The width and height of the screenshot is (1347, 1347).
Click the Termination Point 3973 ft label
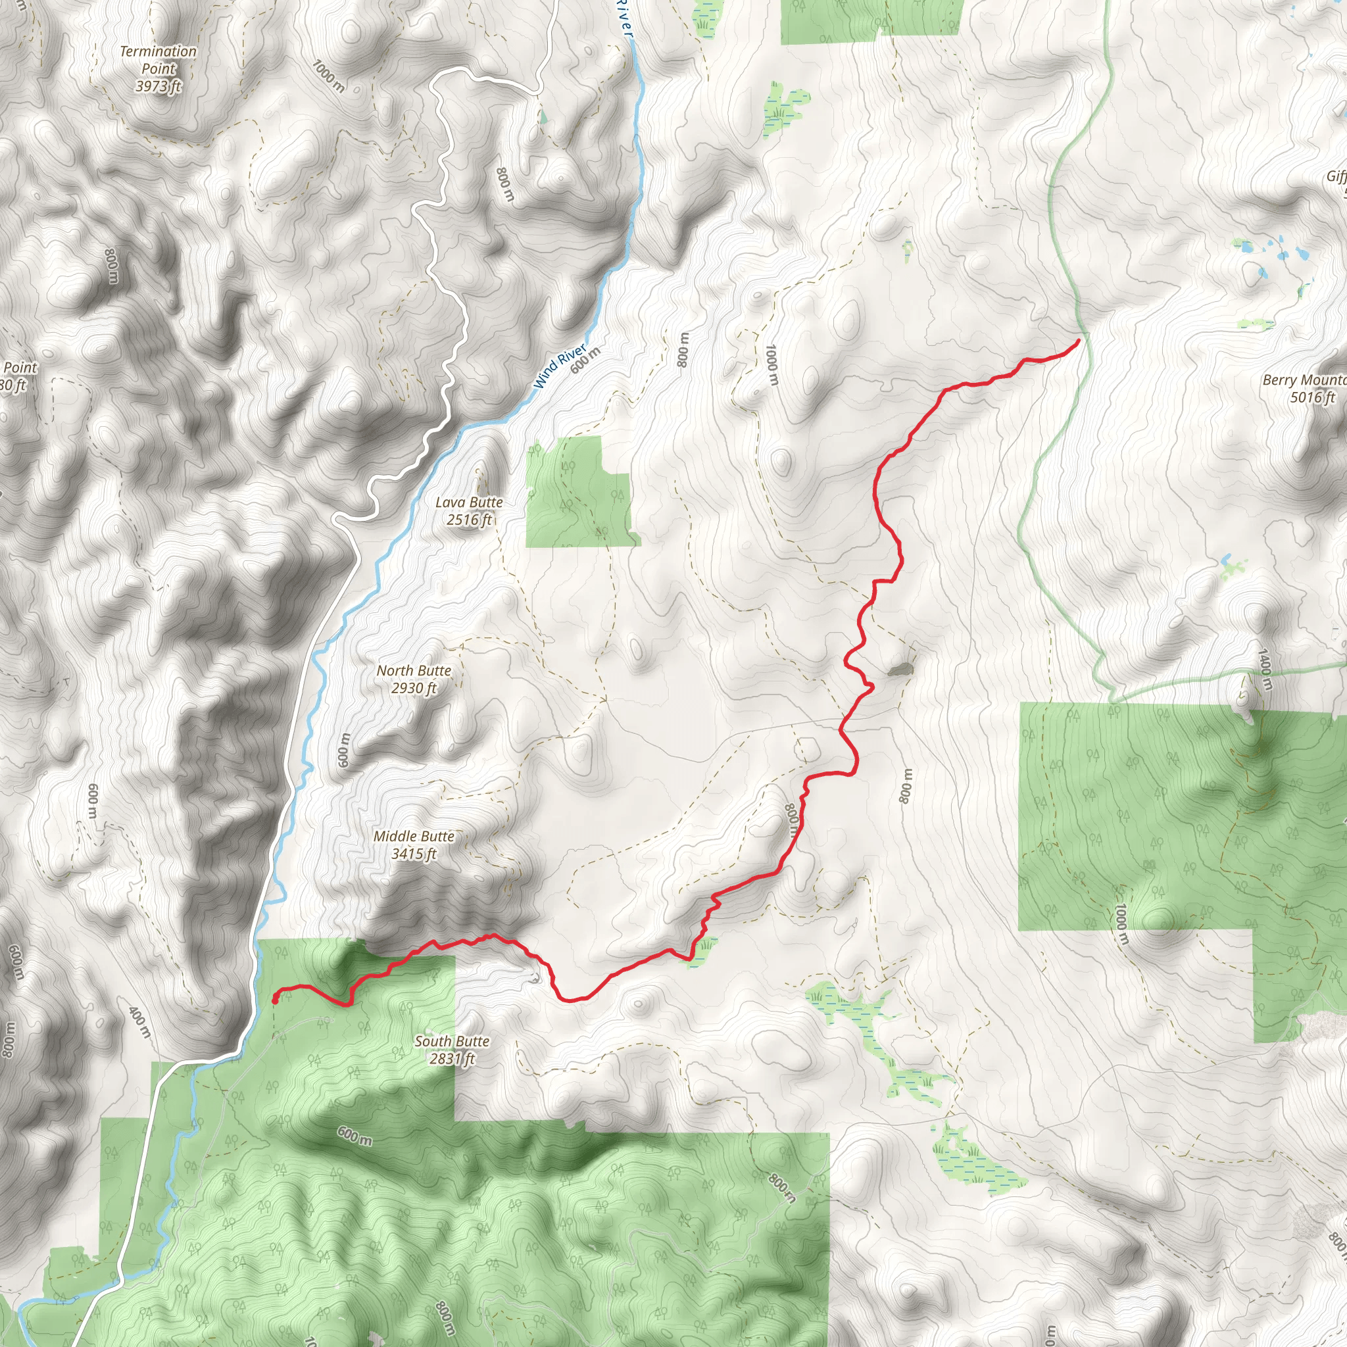click(x=159, y=68)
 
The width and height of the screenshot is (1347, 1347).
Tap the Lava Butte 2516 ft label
click(x=468, y=510)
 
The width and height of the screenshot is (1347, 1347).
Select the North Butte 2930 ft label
click(x=414, y=678)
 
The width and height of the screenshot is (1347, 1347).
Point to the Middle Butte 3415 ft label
click(x=414, y=845)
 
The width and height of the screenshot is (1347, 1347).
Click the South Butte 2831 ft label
click(x=452, y=1049)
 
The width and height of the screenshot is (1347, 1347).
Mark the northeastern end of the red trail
click(x=1079, y=340)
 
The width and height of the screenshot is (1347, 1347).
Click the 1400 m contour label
click(x=1265, y=670)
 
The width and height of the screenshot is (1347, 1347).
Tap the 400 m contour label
click(x=140, y=1021)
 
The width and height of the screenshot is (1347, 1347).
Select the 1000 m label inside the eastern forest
click(x=1121, y=924)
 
